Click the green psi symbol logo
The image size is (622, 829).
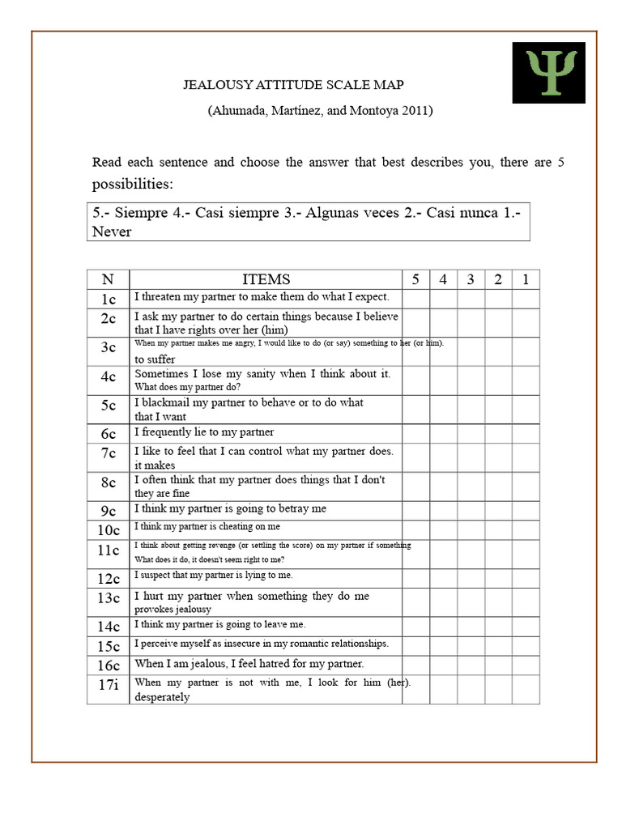[x=548, y=72]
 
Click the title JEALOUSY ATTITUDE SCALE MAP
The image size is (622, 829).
[x=293, y=85]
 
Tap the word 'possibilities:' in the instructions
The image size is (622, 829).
[x=132, y=184]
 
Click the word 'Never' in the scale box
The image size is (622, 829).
[x=112, y=232]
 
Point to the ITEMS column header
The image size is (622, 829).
[x=266, y=279]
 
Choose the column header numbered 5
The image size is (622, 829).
[x=415, y=279]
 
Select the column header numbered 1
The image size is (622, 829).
[x=526, y=279]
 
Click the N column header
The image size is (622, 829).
[x=108, y=279]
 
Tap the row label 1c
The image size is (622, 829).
[x=108, y=299]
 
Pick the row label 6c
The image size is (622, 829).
[x=108, y=434]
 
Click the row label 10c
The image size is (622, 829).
[x=108, y=530]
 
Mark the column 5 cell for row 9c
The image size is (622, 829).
[x=415, y=510]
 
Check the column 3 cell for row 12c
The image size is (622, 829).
[x=471, y=578]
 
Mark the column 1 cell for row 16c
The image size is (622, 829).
[x=526, y=665]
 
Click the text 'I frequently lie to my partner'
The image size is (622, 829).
[x=204, y=432]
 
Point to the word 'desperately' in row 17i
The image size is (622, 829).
[x=162, y=697]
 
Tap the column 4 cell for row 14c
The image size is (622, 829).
[x=443, y=627]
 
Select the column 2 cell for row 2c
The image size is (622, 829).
[x=498, y=322]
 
